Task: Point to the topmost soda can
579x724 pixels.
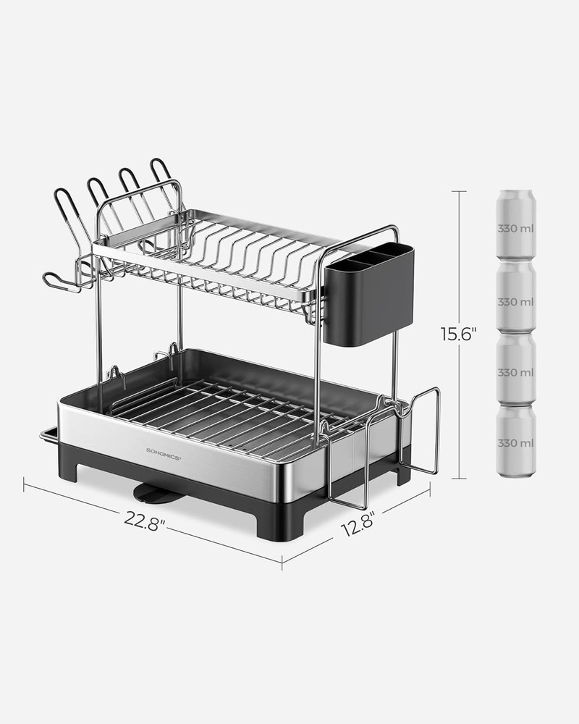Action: click(516, 225)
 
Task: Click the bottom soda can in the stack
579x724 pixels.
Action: click(516, 441)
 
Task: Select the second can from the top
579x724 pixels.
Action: click(516, 298)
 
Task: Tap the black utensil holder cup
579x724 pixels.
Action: click(368, 294)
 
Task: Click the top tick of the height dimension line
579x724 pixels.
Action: click(459, 191)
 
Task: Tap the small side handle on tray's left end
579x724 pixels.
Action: click(48, 434)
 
